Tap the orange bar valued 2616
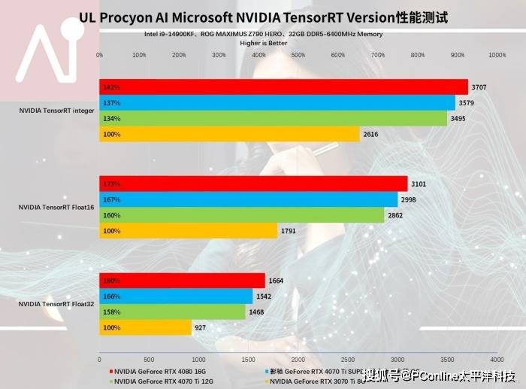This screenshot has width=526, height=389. coord(230,135)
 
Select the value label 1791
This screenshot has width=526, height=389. coord(289,231)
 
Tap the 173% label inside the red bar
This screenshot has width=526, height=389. coord(113,184)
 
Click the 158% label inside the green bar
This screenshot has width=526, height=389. coord(113,312)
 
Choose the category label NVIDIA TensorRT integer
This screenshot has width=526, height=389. coord(57,111)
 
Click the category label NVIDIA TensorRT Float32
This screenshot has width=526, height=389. coord(56,304)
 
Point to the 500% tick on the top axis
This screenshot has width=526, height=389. coord(298,55)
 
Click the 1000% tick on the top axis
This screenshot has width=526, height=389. coord(497,55)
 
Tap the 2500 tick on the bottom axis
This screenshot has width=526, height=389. coord(347,360)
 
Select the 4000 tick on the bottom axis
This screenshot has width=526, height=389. coord(496,360)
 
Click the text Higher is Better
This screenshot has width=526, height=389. coord(263,44)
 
